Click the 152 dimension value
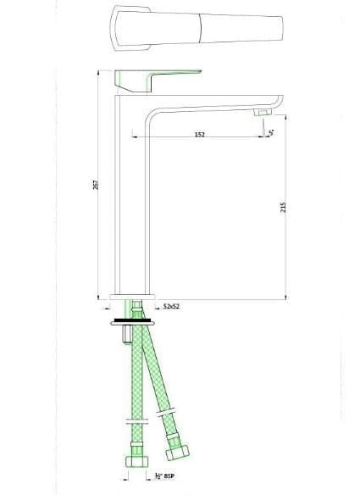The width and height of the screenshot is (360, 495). (199, 134)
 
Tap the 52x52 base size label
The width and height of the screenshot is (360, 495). (173, 304)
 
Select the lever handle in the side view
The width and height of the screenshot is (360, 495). (157, 77)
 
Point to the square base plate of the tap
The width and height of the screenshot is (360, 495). (133, 297)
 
